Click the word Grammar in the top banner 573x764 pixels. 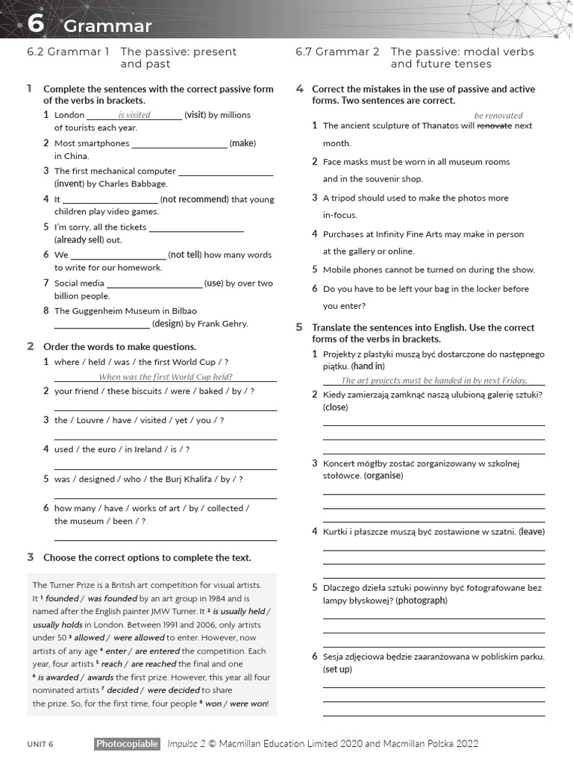point(107,27)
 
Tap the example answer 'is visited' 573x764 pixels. point(134,115)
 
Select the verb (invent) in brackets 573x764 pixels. point(70,184)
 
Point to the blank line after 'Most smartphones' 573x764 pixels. point(179,144)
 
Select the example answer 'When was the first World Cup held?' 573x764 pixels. point(166,378)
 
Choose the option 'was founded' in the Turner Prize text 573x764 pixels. point(113,598)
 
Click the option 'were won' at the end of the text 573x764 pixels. point(248,704)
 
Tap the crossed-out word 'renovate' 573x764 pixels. point(494,126)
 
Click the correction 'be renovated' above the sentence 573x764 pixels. point(498,116)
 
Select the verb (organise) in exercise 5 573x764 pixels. point(383,476)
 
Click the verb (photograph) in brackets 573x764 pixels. point(421,601)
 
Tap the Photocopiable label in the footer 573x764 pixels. point(127,744)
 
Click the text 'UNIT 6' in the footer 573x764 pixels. point(40,745)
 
